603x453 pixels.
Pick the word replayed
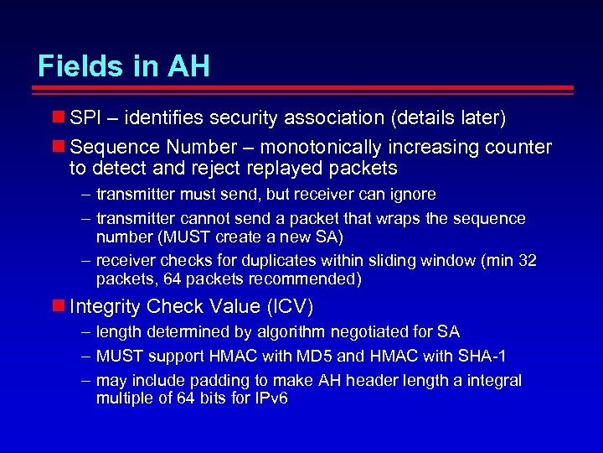coord(284,169)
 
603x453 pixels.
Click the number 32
coord(527,261)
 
